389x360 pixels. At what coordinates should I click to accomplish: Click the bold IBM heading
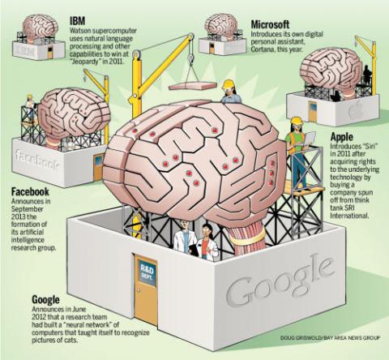[77, 21]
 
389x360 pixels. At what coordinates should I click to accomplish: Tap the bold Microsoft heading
[270, 24]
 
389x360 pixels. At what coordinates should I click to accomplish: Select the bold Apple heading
[342, 137]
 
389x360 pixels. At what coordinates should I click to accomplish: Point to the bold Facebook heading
[30, 192]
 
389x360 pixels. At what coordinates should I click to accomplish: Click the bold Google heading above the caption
[45, 300]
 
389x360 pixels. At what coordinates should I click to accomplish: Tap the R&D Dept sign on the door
[147, 272]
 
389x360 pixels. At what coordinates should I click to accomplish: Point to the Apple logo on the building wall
[355, 111]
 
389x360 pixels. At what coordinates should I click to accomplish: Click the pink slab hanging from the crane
[193, 86]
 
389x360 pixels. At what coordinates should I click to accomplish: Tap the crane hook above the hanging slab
[191, 58]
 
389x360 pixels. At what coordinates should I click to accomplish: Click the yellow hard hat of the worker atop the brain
[229, 84]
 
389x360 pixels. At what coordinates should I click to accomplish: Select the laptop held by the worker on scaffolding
[309, 139]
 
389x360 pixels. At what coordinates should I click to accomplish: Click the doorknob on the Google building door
[139, 290]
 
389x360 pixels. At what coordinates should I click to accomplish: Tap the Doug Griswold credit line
[330, 337]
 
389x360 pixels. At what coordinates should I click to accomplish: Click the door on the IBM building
[50, 52]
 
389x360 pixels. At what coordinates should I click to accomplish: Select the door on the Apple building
[313, 112]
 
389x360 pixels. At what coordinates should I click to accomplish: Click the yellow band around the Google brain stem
[247, 237]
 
